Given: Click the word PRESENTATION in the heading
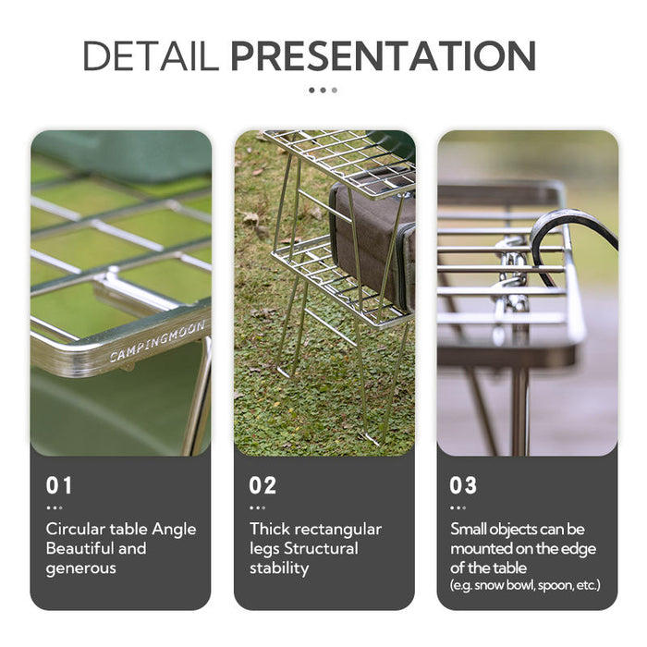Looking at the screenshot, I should point(383,56).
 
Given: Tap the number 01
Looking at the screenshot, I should point(58,485).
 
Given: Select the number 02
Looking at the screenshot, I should point(262,485).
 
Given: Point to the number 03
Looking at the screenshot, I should point(464,485).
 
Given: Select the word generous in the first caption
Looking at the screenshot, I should point(80,568).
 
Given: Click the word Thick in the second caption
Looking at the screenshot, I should point(269,530).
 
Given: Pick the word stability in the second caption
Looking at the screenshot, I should point(279,568).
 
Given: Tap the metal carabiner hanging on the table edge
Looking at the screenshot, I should point(511,273).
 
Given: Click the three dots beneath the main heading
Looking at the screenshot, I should point(323,90).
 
